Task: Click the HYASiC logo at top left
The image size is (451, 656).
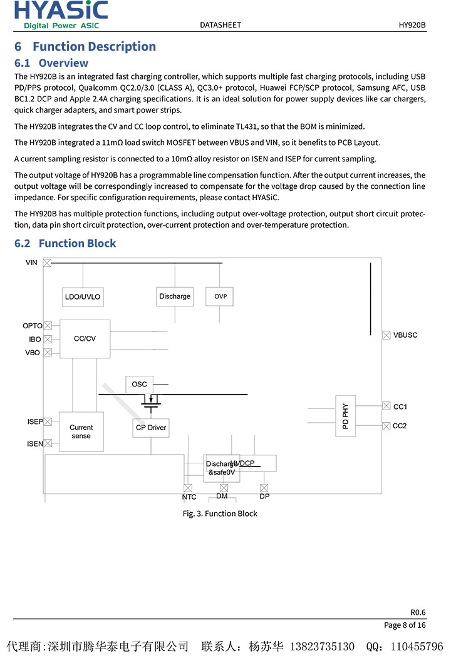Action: coord(61,14)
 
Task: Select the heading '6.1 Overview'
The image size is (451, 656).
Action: coord(51,63)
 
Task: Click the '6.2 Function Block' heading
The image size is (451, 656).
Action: coord(65,243)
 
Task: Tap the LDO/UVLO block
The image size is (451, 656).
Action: coord(83,297)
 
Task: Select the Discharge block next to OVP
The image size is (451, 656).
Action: coord(175,296)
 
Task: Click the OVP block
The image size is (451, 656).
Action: coord(220,296)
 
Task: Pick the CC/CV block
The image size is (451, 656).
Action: coord(85,338)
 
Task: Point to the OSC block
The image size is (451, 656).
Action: coord(139,385)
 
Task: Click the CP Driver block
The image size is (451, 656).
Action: coord(151,428)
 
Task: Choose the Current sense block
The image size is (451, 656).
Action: coord(81,431)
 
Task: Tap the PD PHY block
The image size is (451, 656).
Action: coord(345,416)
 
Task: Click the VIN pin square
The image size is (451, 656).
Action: coord(47,263)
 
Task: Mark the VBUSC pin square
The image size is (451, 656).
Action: coord(386,335)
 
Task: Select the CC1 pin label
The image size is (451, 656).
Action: coord(400,407)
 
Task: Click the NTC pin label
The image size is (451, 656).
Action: coord(189,497)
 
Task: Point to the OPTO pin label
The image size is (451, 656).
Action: coord(33,326)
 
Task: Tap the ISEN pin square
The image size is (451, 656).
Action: coord(48,443)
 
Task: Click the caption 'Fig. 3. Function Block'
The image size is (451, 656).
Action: coord(220,513)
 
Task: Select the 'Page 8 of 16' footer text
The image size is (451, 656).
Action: coord(405,625)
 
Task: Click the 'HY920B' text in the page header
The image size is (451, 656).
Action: coord(412,25)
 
